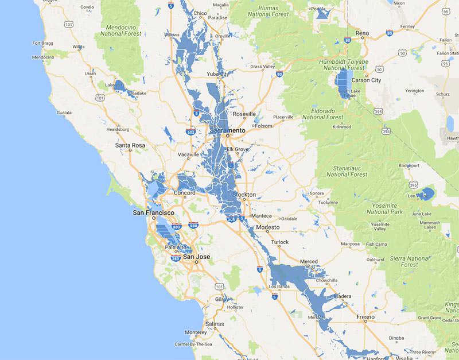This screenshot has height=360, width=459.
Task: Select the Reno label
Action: pos(362,33)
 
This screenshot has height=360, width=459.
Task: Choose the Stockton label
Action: pos(244,195)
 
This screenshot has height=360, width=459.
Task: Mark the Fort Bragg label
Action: pos(43,42)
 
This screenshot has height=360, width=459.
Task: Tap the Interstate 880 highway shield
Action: pos(177,227)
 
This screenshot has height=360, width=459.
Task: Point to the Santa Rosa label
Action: pos(130,145)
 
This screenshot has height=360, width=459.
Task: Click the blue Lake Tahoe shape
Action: pos(345,83)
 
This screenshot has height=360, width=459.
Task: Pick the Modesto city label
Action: pos(267,228)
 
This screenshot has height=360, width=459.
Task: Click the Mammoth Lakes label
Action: pos(430,225)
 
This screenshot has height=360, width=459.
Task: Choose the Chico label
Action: pos(200,13)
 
